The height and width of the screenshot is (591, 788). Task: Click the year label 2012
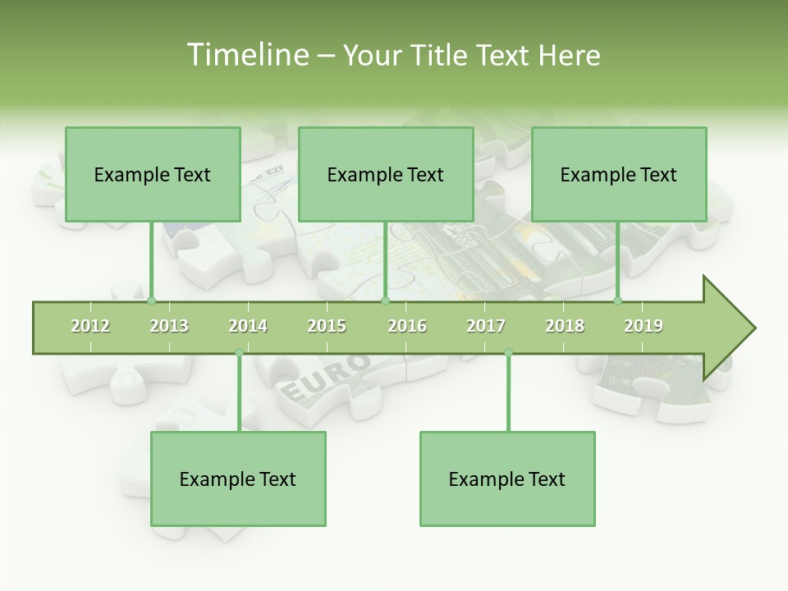tap(90, 326)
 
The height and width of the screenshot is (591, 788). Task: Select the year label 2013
tap(169, 326)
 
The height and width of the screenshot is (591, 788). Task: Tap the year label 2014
tap(248, 326)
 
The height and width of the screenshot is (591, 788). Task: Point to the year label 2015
tap(327, 326)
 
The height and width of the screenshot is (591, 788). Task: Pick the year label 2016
tap(407, 326)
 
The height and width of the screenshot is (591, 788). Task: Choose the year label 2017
tap(486, 326)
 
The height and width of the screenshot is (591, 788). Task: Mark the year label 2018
tap(565, 326)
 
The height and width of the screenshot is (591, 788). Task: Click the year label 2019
tap(644, 326)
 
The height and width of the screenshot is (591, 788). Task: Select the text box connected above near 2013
tap(153, 174)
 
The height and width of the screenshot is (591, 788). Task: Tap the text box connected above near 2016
tap(386, 174)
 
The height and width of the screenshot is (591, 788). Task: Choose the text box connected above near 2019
tap(619, 174)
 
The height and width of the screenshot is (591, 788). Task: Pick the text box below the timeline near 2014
tap(238, 479)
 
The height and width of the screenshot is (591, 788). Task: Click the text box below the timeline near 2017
tap(507, 479)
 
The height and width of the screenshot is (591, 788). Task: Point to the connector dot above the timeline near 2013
tap(151, 301)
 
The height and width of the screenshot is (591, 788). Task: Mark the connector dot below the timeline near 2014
tap(239, 353)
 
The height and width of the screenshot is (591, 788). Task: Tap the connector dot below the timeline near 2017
tap(508, 353)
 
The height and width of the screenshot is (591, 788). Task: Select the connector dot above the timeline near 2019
tap(618, 301)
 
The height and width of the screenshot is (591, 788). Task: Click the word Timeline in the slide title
tap(246, 55)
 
